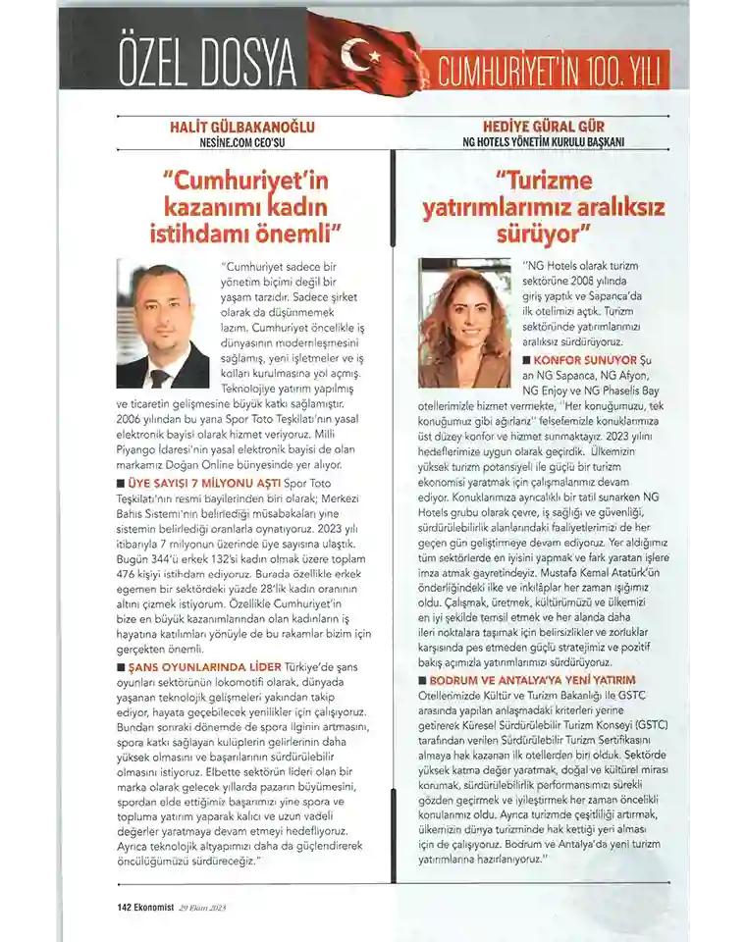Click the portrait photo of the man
point(163,324)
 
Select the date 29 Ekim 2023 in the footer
point(202,908)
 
